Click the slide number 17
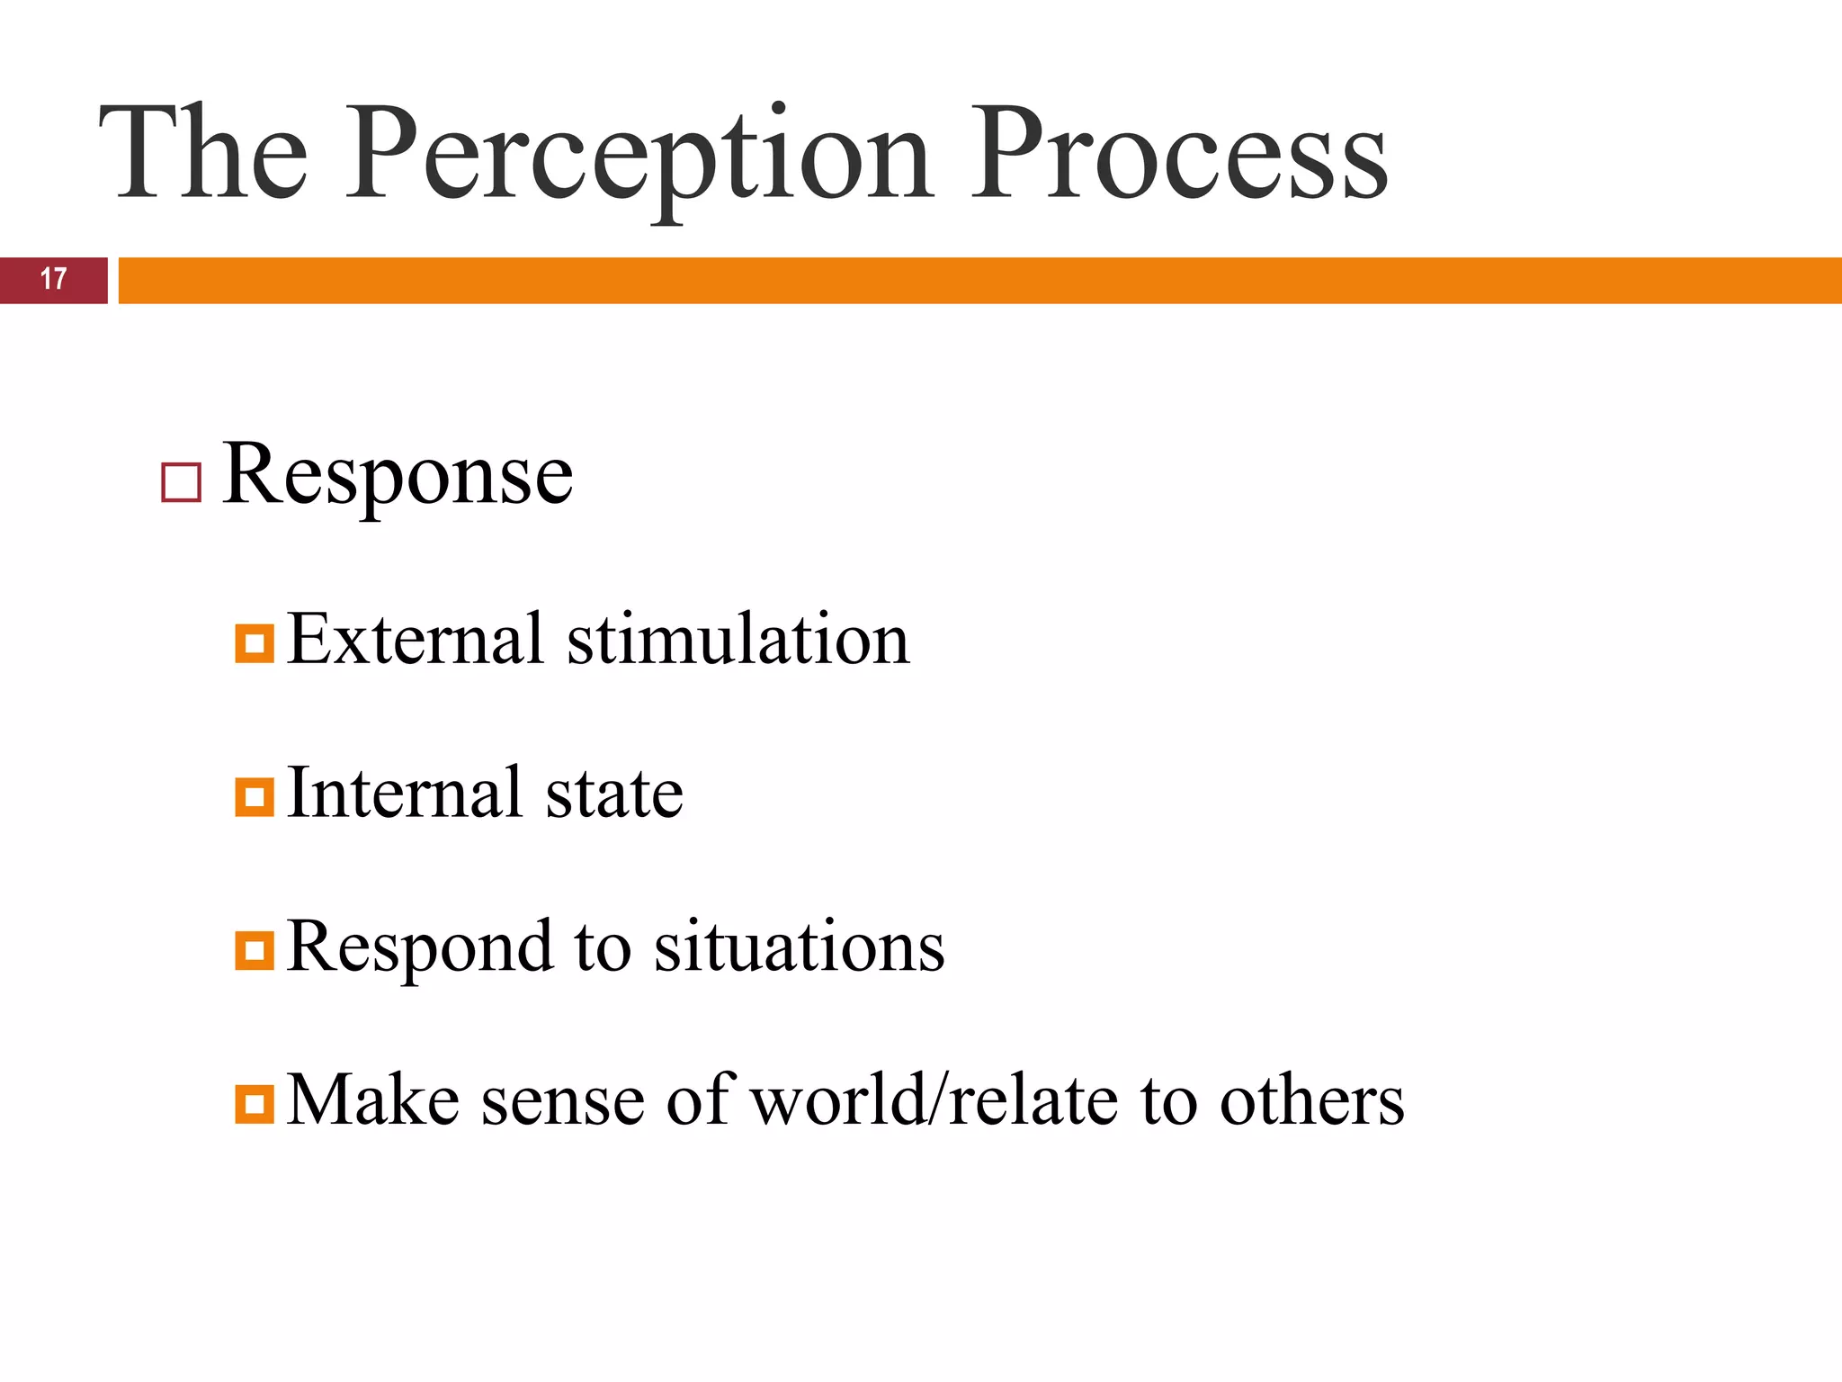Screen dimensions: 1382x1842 point(53,279)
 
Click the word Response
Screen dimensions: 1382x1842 point(397,477)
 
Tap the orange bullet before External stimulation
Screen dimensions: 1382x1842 point(255,643)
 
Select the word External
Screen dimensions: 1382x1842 point(416,639)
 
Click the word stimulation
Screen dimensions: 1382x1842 point(738,639)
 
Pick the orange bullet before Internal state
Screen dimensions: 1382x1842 point(255,797)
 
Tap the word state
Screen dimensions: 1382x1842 point(615,794)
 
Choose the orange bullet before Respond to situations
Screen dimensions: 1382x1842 point(255,951)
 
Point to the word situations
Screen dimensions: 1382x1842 point(799,947)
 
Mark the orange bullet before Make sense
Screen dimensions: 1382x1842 point(255,1104)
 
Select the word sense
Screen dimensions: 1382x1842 point(563,1102)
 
